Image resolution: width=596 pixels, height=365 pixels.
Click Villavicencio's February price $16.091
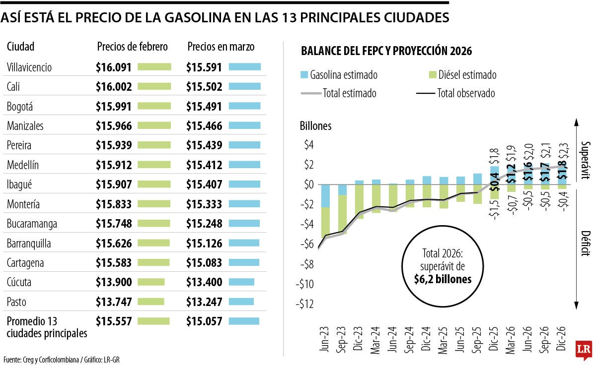pos(114,67)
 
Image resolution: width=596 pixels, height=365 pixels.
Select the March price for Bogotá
pos(204,106)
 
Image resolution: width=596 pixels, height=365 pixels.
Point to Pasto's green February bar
pos(150,302)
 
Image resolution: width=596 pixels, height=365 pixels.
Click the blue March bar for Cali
pos(245,86)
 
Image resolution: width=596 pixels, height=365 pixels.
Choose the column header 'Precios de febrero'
pos(133,47)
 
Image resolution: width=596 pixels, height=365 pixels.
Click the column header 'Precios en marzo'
pos(221,47)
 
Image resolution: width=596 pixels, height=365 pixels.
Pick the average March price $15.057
pos(204,321)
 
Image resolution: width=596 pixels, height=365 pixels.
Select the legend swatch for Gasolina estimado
pos(305,75)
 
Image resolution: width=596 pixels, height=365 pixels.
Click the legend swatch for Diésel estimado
pos(431,75)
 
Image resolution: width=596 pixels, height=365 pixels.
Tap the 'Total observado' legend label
pos(466,93)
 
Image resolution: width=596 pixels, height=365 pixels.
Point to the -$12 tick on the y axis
pos(305,304)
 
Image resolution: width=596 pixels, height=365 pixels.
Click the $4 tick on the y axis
pos(309,145)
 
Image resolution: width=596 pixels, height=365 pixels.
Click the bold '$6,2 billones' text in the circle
pos(443,279)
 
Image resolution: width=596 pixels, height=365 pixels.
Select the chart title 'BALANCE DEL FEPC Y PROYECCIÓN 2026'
pos(386,52)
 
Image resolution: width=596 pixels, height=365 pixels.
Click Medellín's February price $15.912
pos(114,165)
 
